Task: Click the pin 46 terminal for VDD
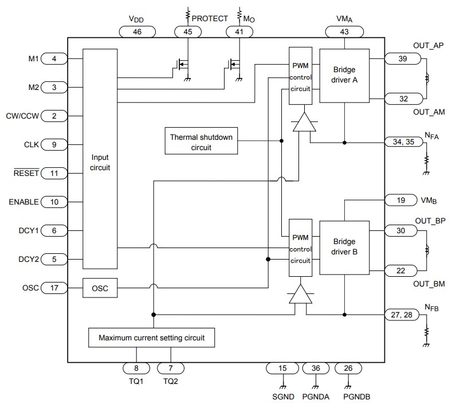(137, 32)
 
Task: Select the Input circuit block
(100, 162)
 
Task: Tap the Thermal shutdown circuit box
(201, 142)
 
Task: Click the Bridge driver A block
(344, 76)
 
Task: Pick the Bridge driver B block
(344, 246)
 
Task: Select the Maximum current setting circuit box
(151, 338)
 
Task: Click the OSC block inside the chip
(100, 288)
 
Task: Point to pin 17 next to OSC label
(54, 288)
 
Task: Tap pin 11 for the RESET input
(54, 173)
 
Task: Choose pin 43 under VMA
(344, 32)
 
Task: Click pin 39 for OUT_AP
(403, 58)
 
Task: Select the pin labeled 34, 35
(403, 142)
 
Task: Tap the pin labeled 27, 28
(403, 314)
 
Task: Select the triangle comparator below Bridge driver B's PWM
(300, 295)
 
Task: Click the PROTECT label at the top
(210, 18)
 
